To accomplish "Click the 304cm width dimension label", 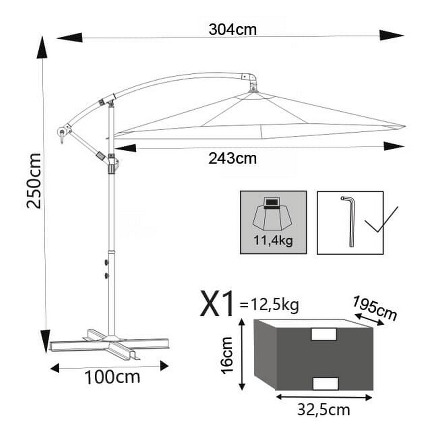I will (233, 30).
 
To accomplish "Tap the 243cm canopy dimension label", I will (232, 159).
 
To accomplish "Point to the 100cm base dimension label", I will (112, 377).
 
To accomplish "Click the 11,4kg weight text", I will (273, 241).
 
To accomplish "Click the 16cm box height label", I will (227, 355).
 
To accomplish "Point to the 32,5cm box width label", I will (324, 410).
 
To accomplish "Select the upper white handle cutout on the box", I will (324, 334).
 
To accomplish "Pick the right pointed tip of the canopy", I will (404, 126).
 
